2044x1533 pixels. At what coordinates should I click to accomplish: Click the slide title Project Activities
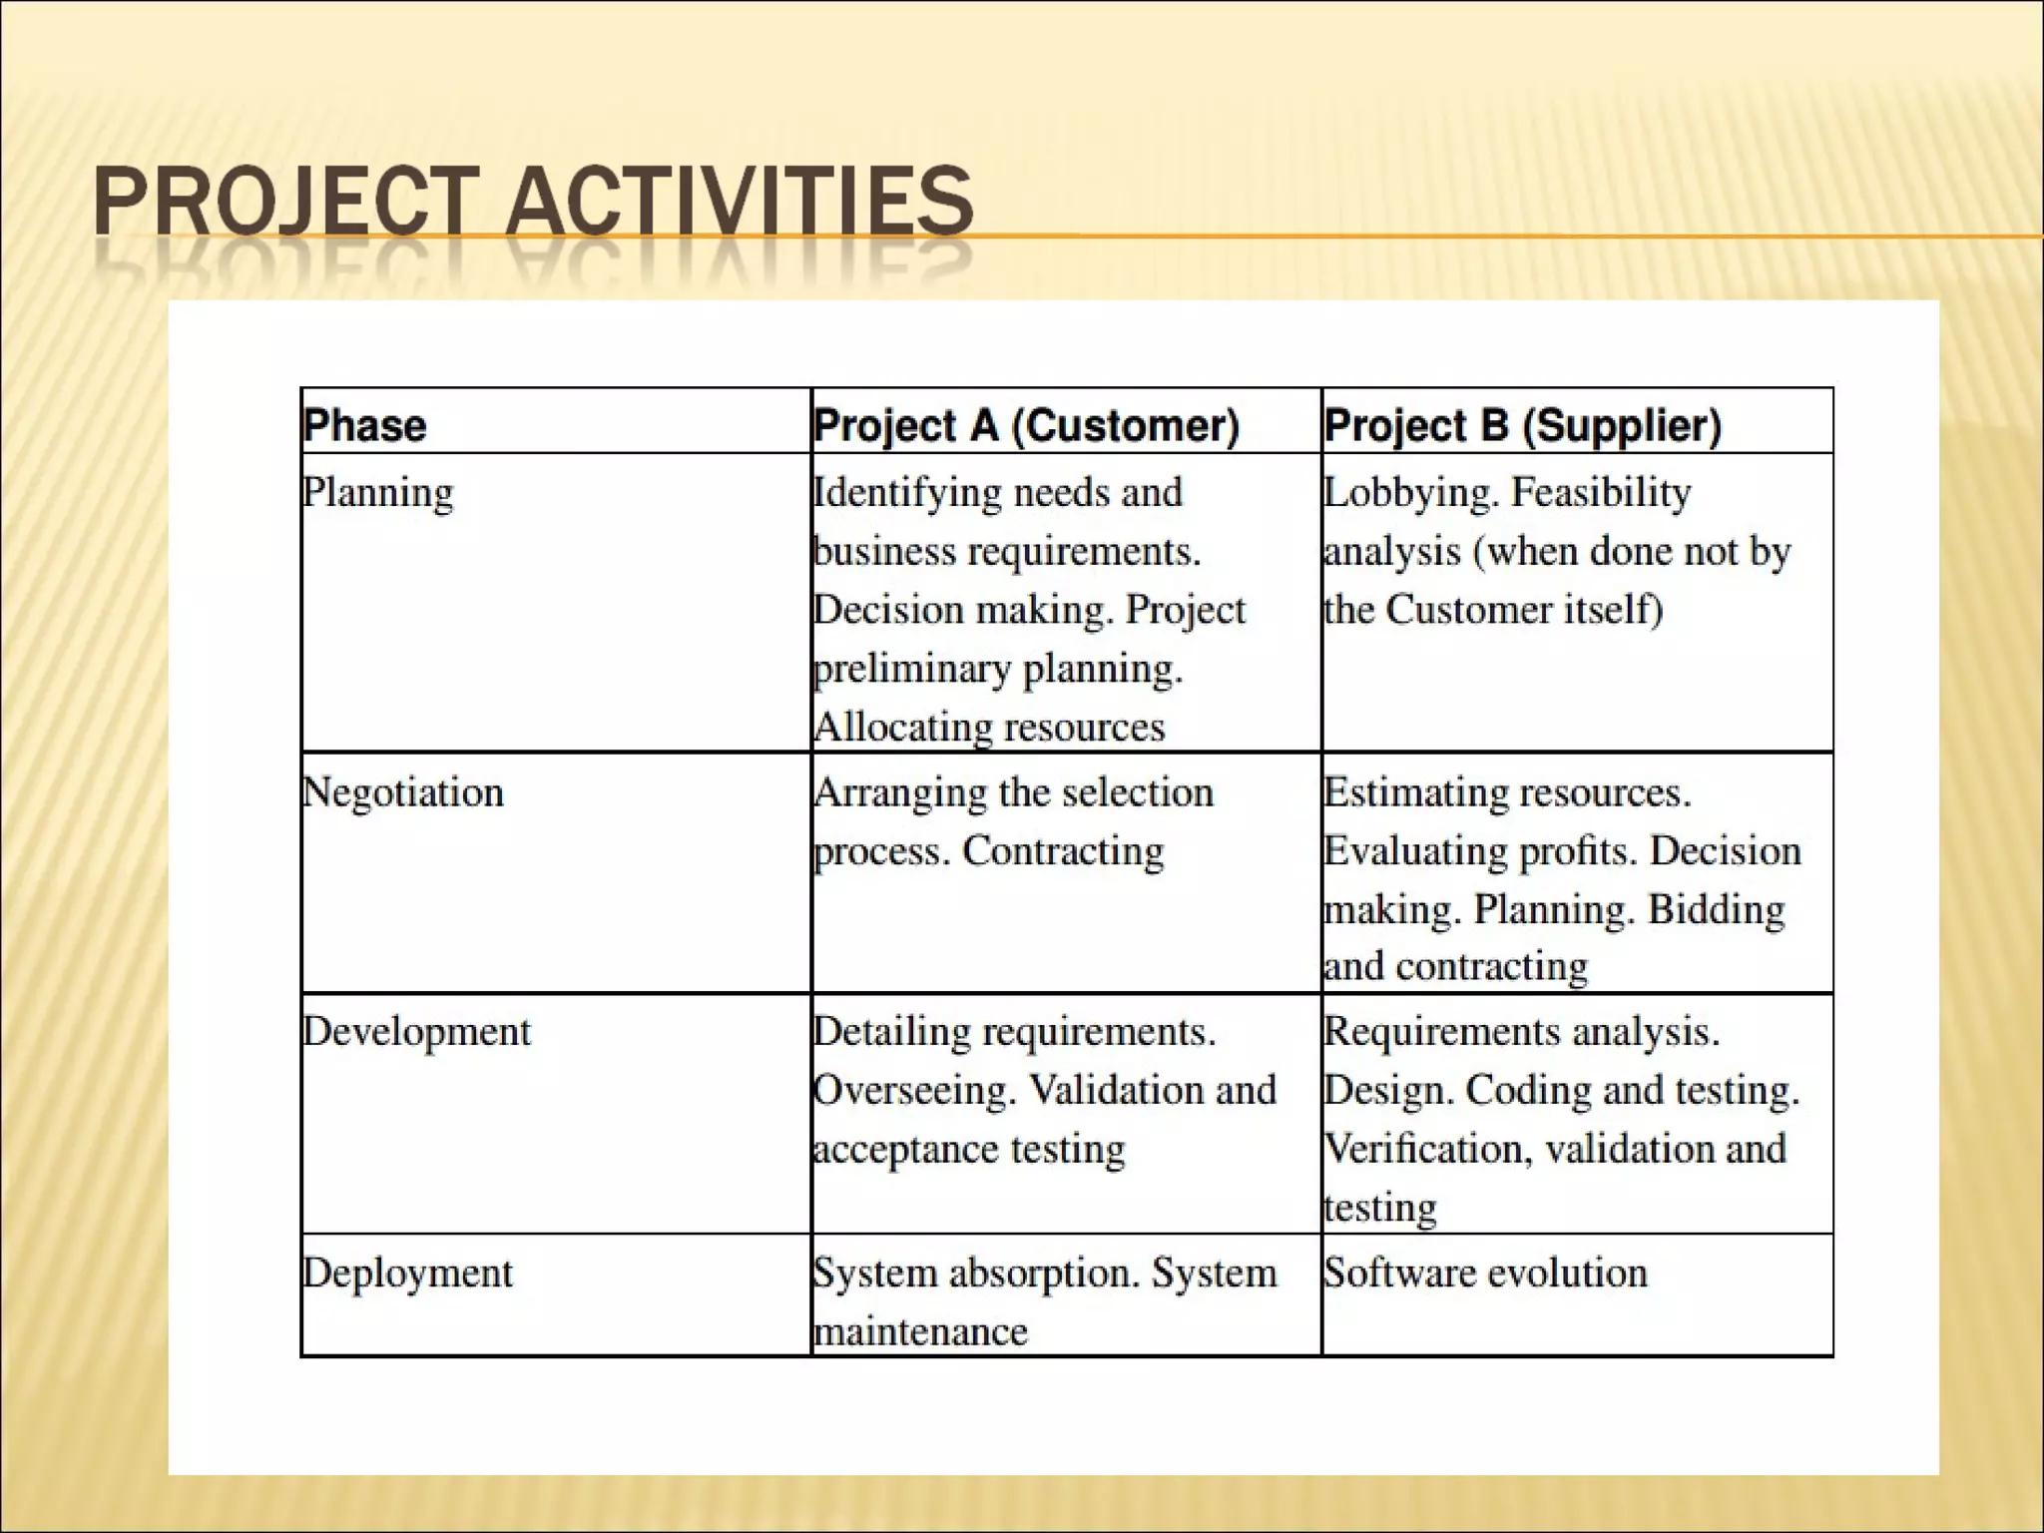pos(533,202)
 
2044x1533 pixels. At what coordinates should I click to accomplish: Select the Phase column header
pos(365,425)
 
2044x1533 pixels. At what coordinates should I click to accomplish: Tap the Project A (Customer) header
pos(1026,425)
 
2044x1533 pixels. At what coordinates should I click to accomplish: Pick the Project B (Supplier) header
pos(1523,425)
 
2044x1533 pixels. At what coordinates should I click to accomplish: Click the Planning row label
pos(378,493)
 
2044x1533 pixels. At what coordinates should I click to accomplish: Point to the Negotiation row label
pos(403,792)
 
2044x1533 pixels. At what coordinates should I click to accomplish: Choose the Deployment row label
pos(408,1274)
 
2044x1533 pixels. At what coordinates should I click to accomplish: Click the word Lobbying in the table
pos(1411,493)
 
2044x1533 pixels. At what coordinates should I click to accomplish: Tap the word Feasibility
pos(1601,493)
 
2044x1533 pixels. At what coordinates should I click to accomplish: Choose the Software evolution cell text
pos(1485,1273)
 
